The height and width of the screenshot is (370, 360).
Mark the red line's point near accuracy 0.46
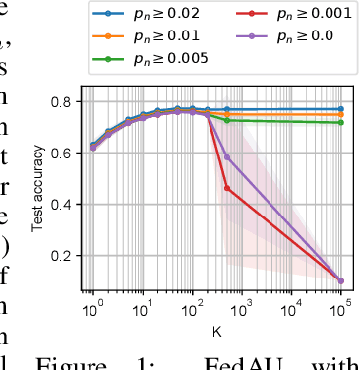coord(227,188)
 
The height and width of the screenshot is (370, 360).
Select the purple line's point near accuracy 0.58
coord(227,157)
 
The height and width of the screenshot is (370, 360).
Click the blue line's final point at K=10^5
coord(341,109)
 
